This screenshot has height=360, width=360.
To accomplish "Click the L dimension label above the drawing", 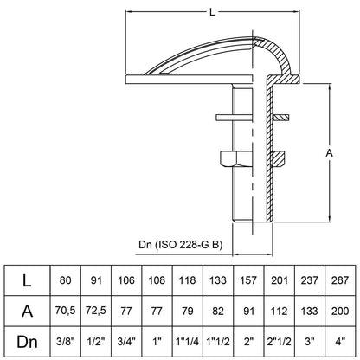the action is click(x=212, y=12).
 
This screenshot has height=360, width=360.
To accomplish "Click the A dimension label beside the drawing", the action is click(x=329, y=153).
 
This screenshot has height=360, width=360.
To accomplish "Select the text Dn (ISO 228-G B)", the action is click(x=181, y=245).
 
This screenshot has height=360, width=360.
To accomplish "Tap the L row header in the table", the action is click(x=27, y=280).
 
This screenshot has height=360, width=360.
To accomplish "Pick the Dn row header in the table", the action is click(x=27, y=342).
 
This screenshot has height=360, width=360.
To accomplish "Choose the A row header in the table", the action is click(x=27, y=311).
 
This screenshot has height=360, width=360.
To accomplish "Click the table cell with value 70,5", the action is click(x=66, y=311).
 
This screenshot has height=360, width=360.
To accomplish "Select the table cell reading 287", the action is click(x=340, y=280).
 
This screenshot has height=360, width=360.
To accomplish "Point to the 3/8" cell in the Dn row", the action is click(x=66, y=342).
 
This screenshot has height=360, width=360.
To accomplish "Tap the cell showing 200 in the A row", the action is click(x=340, y=311).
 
